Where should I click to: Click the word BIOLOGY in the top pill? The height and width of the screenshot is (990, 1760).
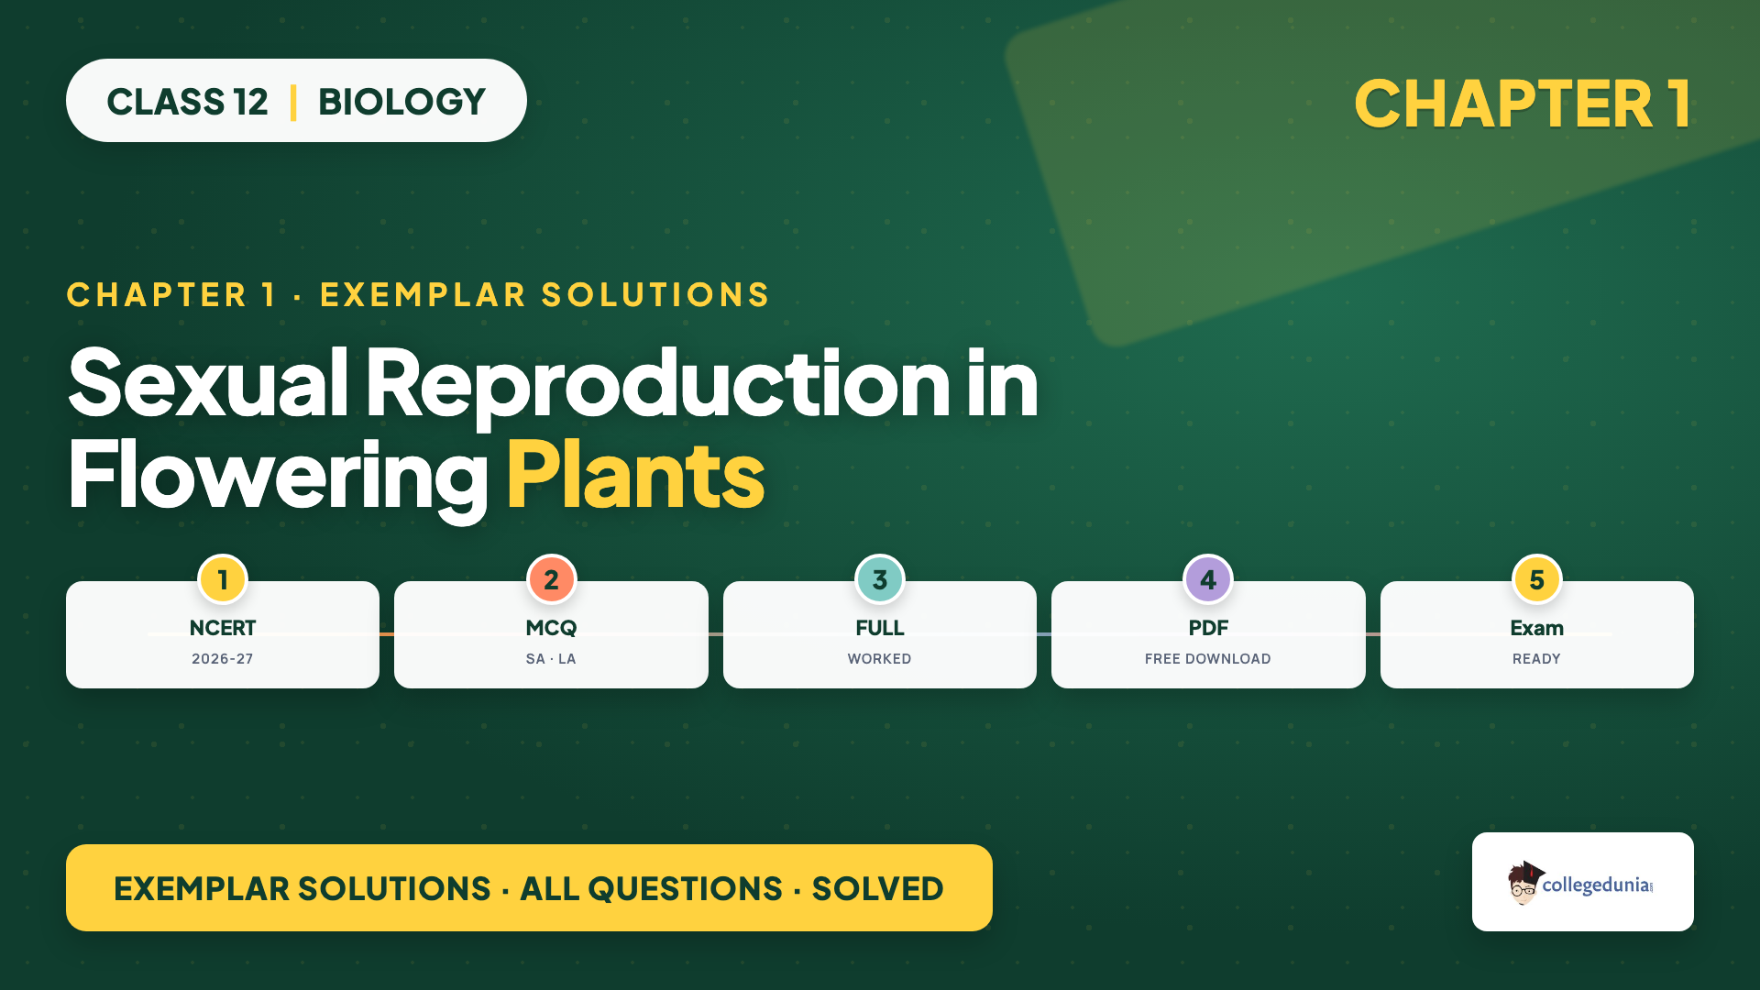point(401,102)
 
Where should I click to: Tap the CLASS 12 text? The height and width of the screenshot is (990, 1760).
point(187,102)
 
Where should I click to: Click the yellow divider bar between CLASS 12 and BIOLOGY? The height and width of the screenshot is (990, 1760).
point(293,102)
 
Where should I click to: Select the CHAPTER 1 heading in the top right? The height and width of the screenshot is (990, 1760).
point(1523,104)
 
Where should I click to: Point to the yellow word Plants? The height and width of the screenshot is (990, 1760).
point(635,475)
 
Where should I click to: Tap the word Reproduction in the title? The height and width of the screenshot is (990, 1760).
point(657,385)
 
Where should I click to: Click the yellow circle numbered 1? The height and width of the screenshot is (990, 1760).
point(223,579)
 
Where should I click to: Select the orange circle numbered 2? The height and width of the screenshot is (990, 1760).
point(551,579)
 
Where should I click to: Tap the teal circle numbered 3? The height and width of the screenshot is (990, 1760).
point(880,579)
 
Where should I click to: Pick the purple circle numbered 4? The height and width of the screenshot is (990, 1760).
point(1208,579)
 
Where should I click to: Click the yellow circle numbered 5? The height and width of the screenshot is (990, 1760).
point(1537,579)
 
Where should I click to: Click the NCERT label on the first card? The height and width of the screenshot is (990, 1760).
point(223,628)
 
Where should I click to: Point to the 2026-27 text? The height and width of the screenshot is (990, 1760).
point(223,659)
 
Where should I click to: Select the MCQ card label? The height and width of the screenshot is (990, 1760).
point(551,628)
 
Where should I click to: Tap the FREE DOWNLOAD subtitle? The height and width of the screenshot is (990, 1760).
point(1208,659)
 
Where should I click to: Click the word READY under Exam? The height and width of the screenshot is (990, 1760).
point(1537,659)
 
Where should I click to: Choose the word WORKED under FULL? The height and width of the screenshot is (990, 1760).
point(880,659)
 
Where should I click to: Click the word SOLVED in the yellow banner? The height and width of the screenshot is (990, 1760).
point(877,888)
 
